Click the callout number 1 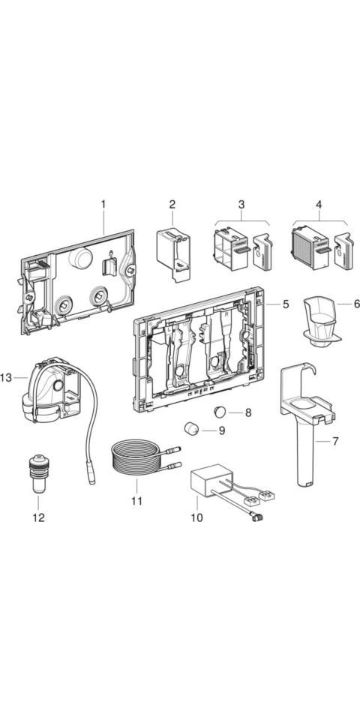[103, 204]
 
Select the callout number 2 [172, 204]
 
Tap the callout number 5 [286, 304]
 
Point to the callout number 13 [6, 377]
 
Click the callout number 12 [38, 517]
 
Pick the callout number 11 [136, 500]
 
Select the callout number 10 [196, 517]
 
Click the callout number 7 [335, 441]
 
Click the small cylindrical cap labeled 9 [191, 429]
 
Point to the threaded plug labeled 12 [38, 473]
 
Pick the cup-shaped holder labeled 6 [321, 319]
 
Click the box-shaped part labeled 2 [173, 254]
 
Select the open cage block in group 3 [231, 248]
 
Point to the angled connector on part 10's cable [254, 517]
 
